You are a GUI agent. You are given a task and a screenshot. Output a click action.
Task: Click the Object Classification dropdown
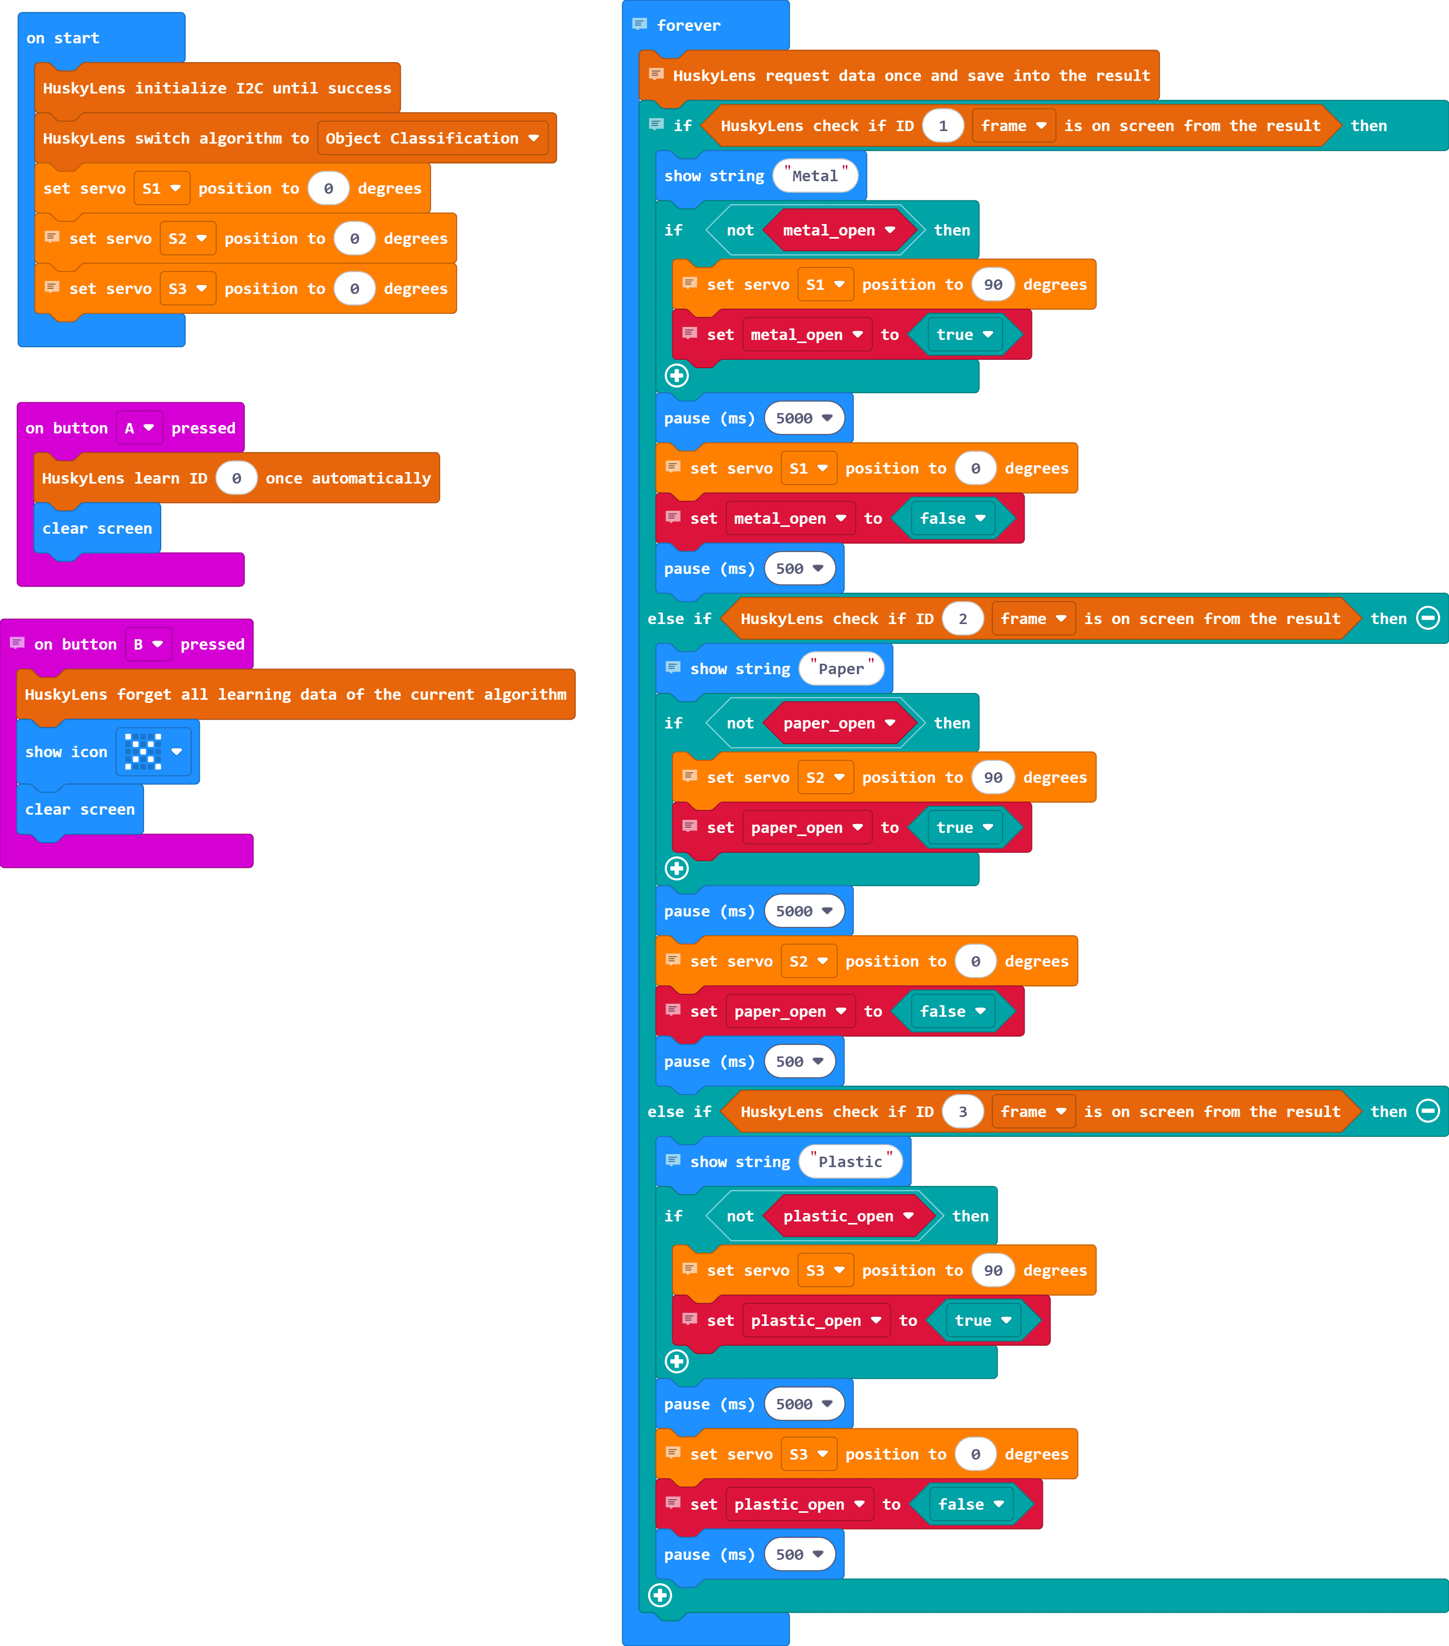pos(432,138)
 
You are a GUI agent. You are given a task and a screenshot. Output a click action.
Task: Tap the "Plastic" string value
pos(850,1162)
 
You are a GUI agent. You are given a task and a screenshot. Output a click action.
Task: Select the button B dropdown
pos(148,644)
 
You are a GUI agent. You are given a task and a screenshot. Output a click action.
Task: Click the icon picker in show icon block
pos(153,752)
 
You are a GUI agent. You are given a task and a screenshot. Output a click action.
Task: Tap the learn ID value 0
pos(236,478)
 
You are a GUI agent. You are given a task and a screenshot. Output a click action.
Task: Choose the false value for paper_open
pos(952,1012)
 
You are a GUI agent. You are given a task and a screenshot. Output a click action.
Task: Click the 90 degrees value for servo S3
pos(993,1271)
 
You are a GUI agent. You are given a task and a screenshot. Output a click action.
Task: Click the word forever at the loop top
pos(688,26)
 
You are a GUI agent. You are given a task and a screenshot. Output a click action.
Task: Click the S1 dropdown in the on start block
pos(161,189)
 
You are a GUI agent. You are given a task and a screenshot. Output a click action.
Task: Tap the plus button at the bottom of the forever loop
pos(660,1595)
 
